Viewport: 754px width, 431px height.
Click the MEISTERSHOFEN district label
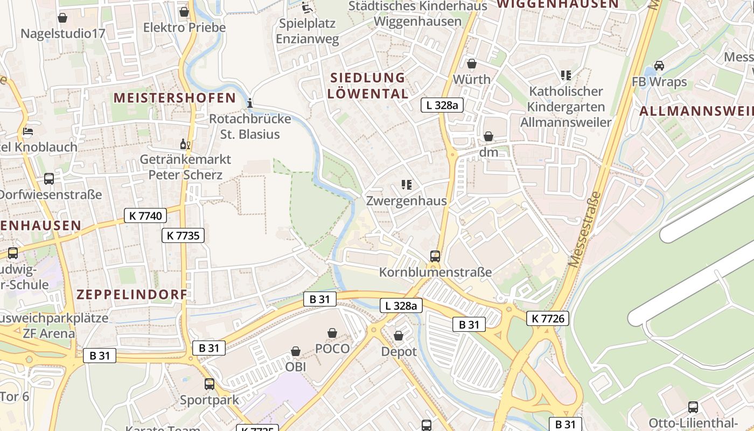175,98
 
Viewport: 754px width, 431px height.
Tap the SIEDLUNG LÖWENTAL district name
368,86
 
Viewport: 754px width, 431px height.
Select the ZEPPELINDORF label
132,295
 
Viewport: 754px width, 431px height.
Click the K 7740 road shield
145,216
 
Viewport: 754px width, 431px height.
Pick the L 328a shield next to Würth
442,105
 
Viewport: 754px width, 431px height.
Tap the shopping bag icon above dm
488,136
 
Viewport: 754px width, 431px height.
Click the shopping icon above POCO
332,333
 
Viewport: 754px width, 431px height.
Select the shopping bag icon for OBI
296,351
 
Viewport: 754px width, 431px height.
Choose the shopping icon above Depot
399,336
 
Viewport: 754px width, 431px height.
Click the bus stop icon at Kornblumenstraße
435,256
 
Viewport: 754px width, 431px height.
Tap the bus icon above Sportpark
210,384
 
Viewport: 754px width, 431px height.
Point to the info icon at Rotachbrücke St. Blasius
250,103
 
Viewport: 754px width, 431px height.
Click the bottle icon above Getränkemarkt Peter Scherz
185,144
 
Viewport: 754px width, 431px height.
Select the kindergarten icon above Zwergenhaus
407,185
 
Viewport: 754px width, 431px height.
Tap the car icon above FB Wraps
659,66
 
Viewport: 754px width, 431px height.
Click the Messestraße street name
585,229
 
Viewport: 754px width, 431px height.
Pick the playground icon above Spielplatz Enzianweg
306,8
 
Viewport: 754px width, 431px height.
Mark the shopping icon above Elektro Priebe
184,12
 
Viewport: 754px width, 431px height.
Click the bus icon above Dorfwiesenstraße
49,179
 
